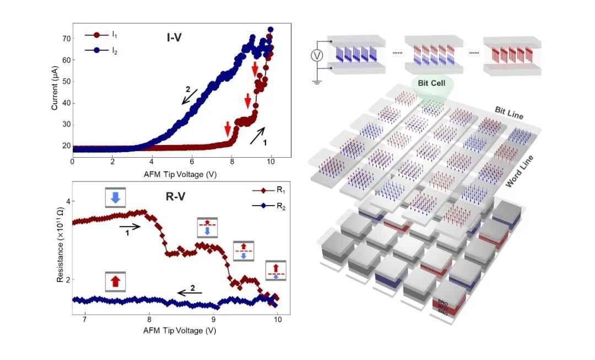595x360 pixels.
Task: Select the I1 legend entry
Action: pos(102,34)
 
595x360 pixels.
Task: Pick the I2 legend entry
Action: pos(102,50)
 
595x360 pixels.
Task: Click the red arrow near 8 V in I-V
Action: pos(228,130)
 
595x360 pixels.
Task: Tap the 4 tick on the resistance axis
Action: pos(67,201)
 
